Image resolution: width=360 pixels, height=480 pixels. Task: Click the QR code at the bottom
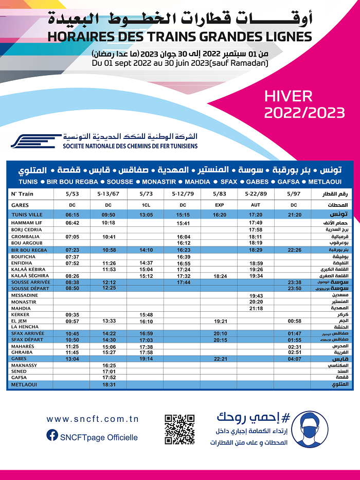click(x=179, y=429)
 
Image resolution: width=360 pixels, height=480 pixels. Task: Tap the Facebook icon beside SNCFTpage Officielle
click(x=52, y=435)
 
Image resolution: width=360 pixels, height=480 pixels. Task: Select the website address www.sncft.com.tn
click(x=93, y=419)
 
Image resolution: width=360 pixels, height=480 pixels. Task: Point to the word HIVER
click(x=289, y=96)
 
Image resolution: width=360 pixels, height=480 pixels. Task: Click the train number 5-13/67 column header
click(x=108, y=194)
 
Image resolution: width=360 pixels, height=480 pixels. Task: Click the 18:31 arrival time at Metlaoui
click(x=109, y=384)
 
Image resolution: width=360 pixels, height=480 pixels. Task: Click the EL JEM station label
click(x=20, y=321)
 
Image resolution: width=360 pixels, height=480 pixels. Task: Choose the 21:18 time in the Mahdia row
click(x=256, y=308)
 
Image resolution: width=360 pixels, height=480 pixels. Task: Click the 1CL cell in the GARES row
click(x=146, y=204)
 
